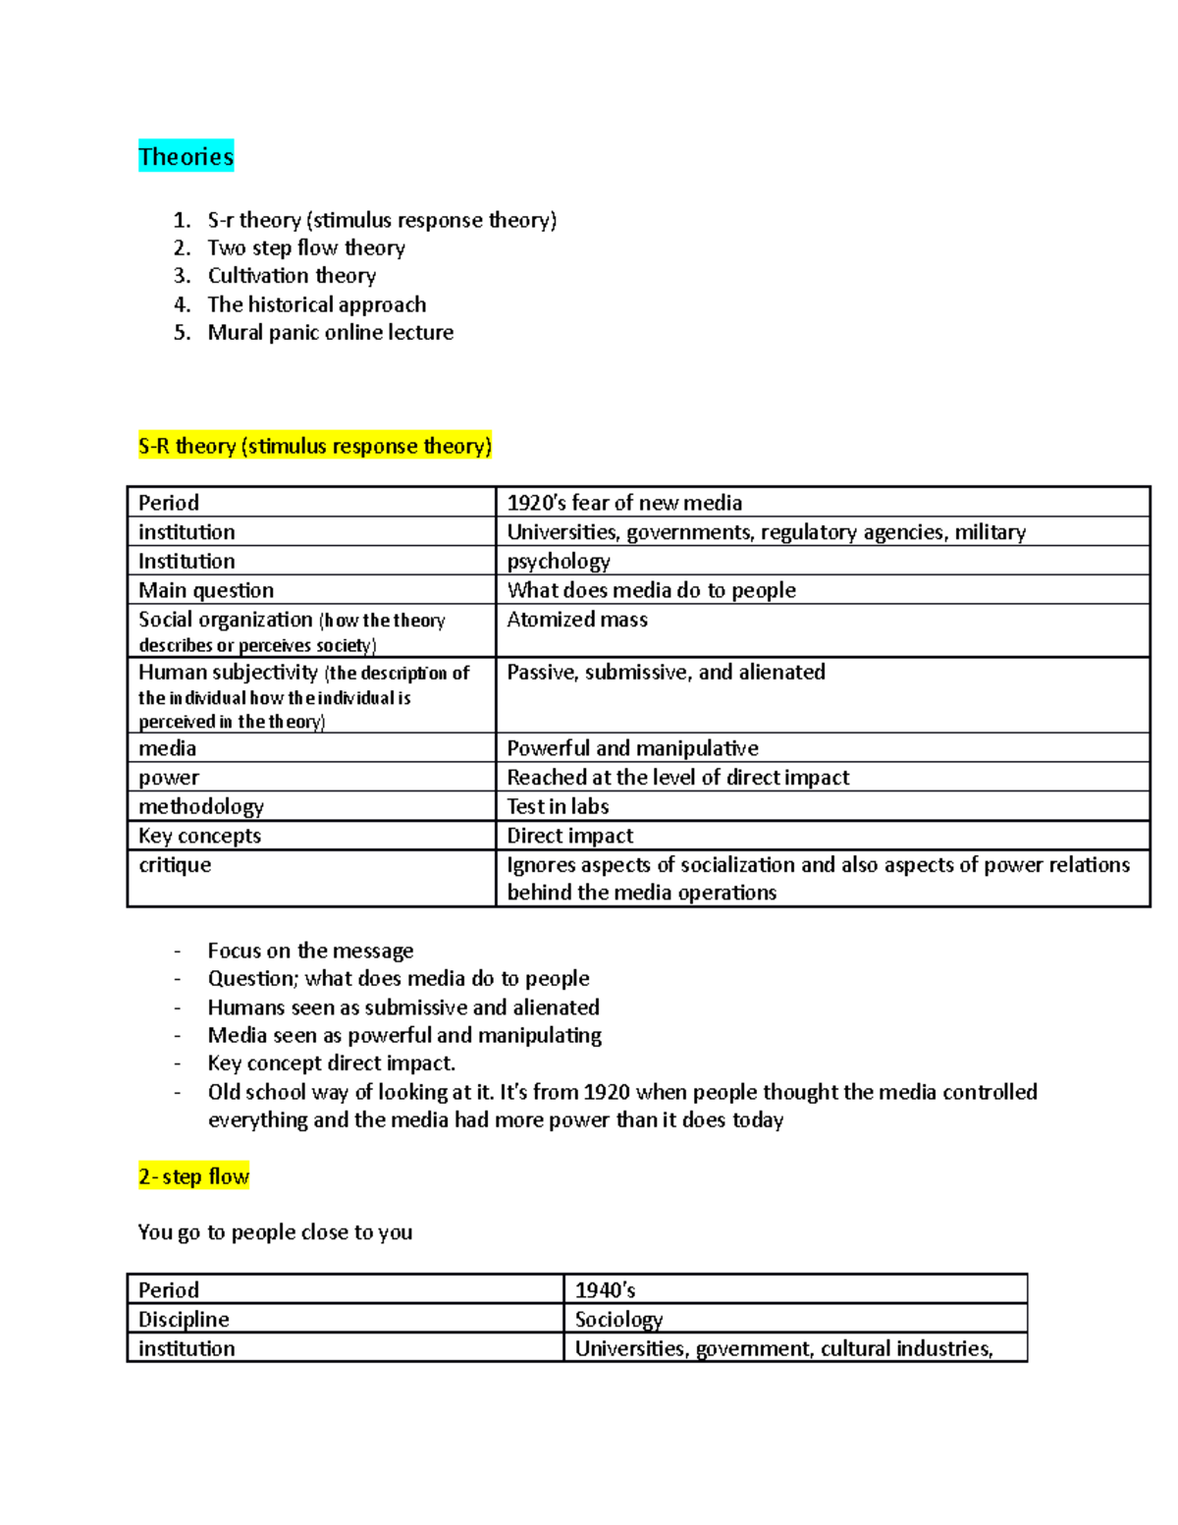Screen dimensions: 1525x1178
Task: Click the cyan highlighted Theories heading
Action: [186, 156]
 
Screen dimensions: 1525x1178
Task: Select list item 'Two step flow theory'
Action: [305, 247]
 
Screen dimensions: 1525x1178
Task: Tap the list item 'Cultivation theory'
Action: [292, 276]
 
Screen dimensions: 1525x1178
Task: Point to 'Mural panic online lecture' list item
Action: [330, 333]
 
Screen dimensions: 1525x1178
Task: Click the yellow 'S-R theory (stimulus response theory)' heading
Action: [314, 446]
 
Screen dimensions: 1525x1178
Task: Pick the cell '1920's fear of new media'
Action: [624, 503]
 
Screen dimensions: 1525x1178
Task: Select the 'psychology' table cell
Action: [559, 561]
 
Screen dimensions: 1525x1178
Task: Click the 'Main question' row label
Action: [206, 590]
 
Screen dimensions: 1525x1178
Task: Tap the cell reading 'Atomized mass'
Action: [577, 620]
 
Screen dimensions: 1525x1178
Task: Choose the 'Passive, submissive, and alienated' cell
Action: [666, 673]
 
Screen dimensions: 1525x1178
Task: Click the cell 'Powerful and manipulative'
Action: [632, 748]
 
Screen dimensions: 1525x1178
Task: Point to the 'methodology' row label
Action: [201, 806]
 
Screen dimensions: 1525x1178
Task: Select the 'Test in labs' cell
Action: [558, 806]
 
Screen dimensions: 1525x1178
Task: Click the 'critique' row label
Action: [175, 865]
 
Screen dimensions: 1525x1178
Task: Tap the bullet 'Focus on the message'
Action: [310, 951]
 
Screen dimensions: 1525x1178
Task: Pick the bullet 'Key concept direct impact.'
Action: [331, 1063]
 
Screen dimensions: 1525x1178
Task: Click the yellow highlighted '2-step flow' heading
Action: [193, 1176]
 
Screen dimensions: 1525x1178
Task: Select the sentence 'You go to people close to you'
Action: [275, 1232]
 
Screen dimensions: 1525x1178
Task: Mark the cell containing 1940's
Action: [605, 1290]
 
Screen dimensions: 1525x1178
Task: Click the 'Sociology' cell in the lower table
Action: [618, 1320]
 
